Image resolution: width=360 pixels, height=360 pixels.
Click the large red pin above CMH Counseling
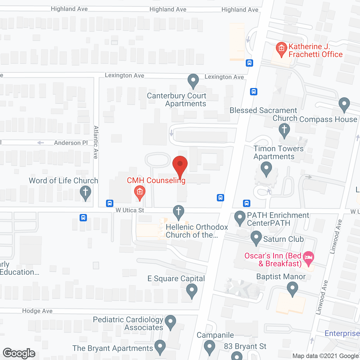(x=180, y=165)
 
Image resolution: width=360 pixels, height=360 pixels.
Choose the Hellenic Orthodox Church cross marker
(x=178, y=211)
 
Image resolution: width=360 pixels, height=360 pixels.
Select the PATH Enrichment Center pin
(x=240, y=218)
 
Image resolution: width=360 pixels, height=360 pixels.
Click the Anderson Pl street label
(x=71, y=143)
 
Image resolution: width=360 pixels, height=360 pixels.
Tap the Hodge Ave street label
(x=37, y=311)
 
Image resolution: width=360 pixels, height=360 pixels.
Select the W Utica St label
(x=130, y=210)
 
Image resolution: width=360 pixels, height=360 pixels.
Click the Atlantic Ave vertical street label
(x=96, y=142)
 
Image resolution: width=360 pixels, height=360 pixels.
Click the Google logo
(x=19, y=353)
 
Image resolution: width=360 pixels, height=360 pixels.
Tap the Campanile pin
(x=209, y=347)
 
